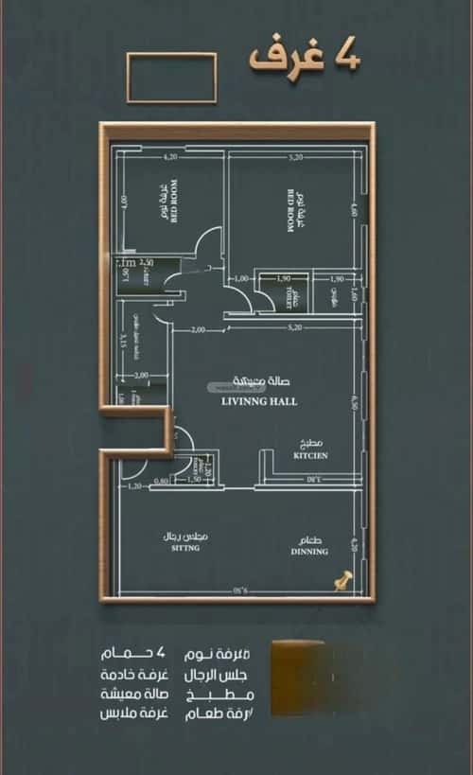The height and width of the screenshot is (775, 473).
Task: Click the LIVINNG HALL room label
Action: click(x=258, y=401)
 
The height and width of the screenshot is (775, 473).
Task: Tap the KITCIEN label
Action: click(x=309, y=455)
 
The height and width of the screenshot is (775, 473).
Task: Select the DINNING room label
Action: click(x=309, y=551)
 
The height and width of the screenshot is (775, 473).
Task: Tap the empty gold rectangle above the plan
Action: click(x=171, y=78)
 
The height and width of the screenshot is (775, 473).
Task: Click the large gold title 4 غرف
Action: click(x=305, y=57)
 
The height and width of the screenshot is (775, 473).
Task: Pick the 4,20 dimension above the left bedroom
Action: click(x=170, y=156)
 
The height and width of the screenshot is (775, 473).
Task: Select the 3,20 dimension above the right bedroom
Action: click(x=294, y=156)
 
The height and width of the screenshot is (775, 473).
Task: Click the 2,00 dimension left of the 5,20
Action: click(x=198, y=329)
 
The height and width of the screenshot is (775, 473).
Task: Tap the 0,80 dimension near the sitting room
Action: click(x=162, y=481)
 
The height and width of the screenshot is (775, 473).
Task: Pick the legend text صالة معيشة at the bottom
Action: click(x=138, y=694)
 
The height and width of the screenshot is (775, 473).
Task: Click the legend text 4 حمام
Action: click(x=138, y=655)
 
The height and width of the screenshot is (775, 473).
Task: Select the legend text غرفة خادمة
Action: click(x=138, y=675)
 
